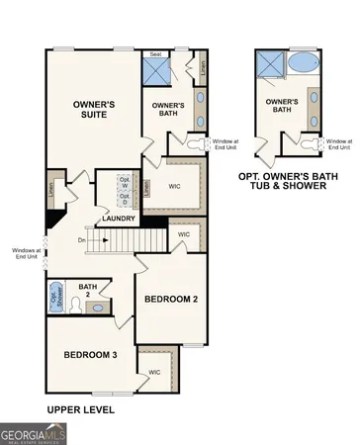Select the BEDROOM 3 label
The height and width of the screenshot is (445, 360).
[90, 354]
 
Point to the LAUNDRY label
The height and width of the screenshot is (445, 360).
[118, 220]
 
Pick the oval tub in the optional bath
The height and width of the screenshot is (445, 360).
[301, 65]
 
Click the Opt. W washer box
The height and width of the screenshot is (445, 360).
[126, 182]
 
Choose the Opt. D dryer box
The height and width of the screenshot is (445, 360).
[126, 197]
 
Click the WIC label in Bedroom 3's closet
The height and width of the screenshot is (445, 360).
[154, 372]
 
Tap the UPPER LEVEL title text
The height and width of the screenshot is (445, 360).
[81, 408]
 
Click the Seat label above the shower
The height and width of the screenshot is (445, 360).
[155, 53]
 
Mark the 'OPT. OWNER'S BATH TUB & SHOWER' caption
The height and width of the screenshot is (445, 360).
[297, 181]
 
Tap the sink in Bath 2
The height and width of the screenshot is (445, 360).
[98, 309]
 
